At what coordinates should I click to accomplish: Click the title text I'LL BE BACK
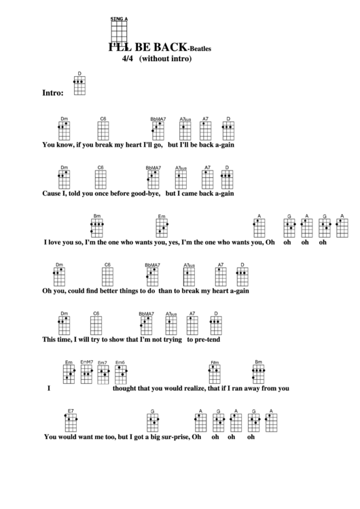coord(144,48)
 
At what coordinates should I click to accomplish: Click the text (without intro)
coord(166,58)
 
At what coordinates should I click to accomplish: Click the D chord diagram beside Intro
coord(79,84)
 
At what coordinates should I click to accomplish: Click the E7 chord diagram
coord(71,422)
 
